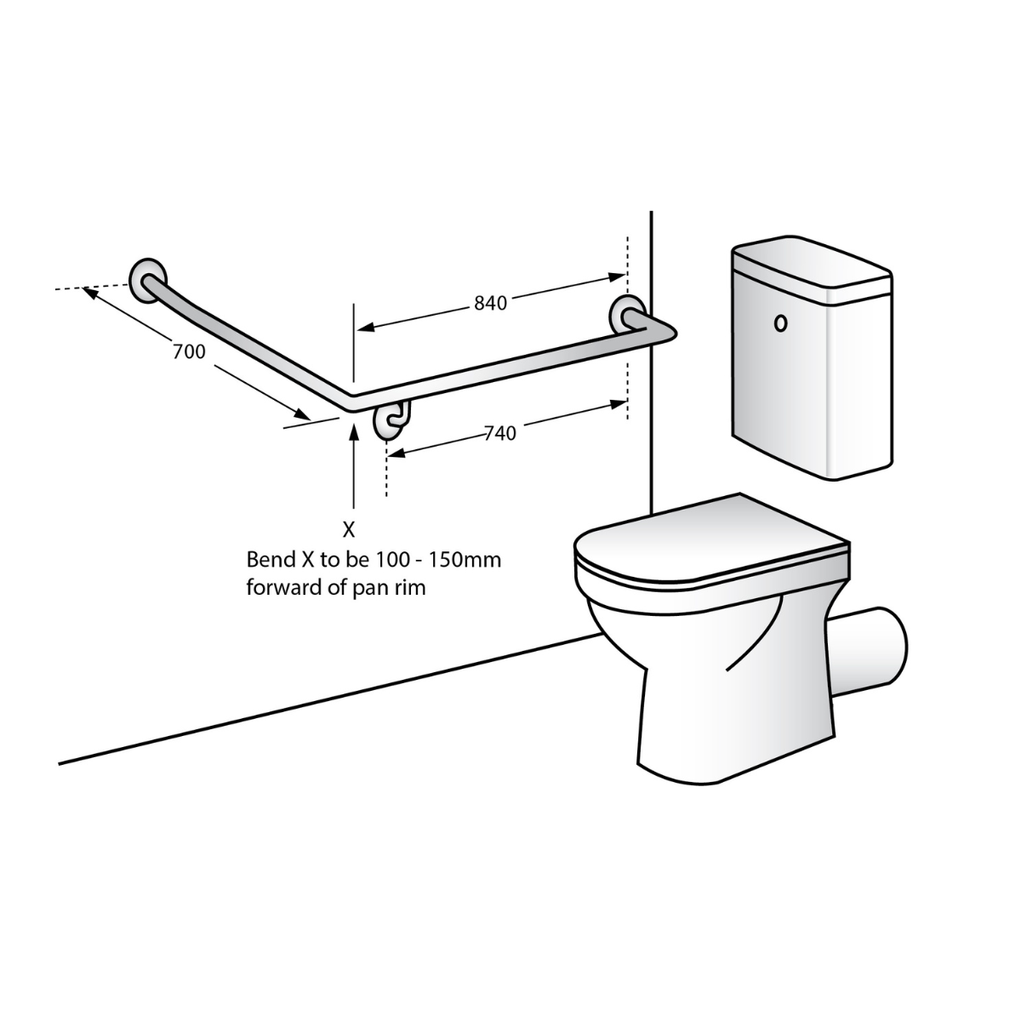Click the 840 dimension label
pos(490,303)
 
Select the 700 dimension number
pos(189,351)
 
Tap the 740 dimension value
pos(500,433)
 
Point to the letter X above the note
pos(349,529)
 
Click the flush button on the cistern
pos(780,323)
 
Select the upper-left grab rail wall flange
pos(148,282)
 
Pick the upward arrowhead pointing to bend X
pos(354,432)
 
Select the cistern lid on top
pos(811,263)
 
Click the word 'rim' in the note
pos(412,588)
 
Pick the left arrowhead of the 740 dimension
pos(396,453)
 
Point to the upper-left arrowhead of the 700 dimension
pos(89,293)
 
